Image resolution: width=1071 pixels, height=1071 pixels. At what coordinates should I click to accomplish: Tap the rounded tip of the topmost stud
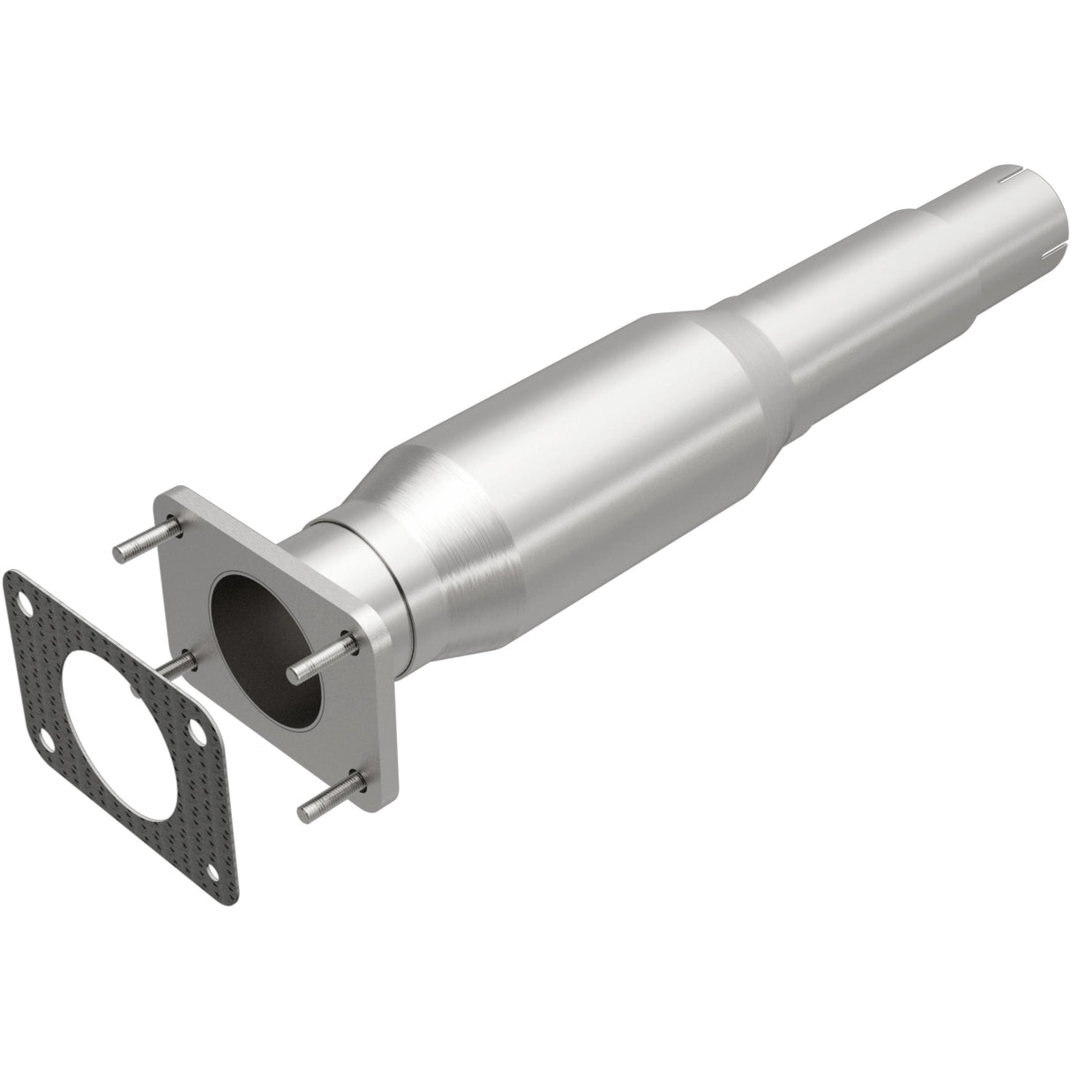pos(119,554)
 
